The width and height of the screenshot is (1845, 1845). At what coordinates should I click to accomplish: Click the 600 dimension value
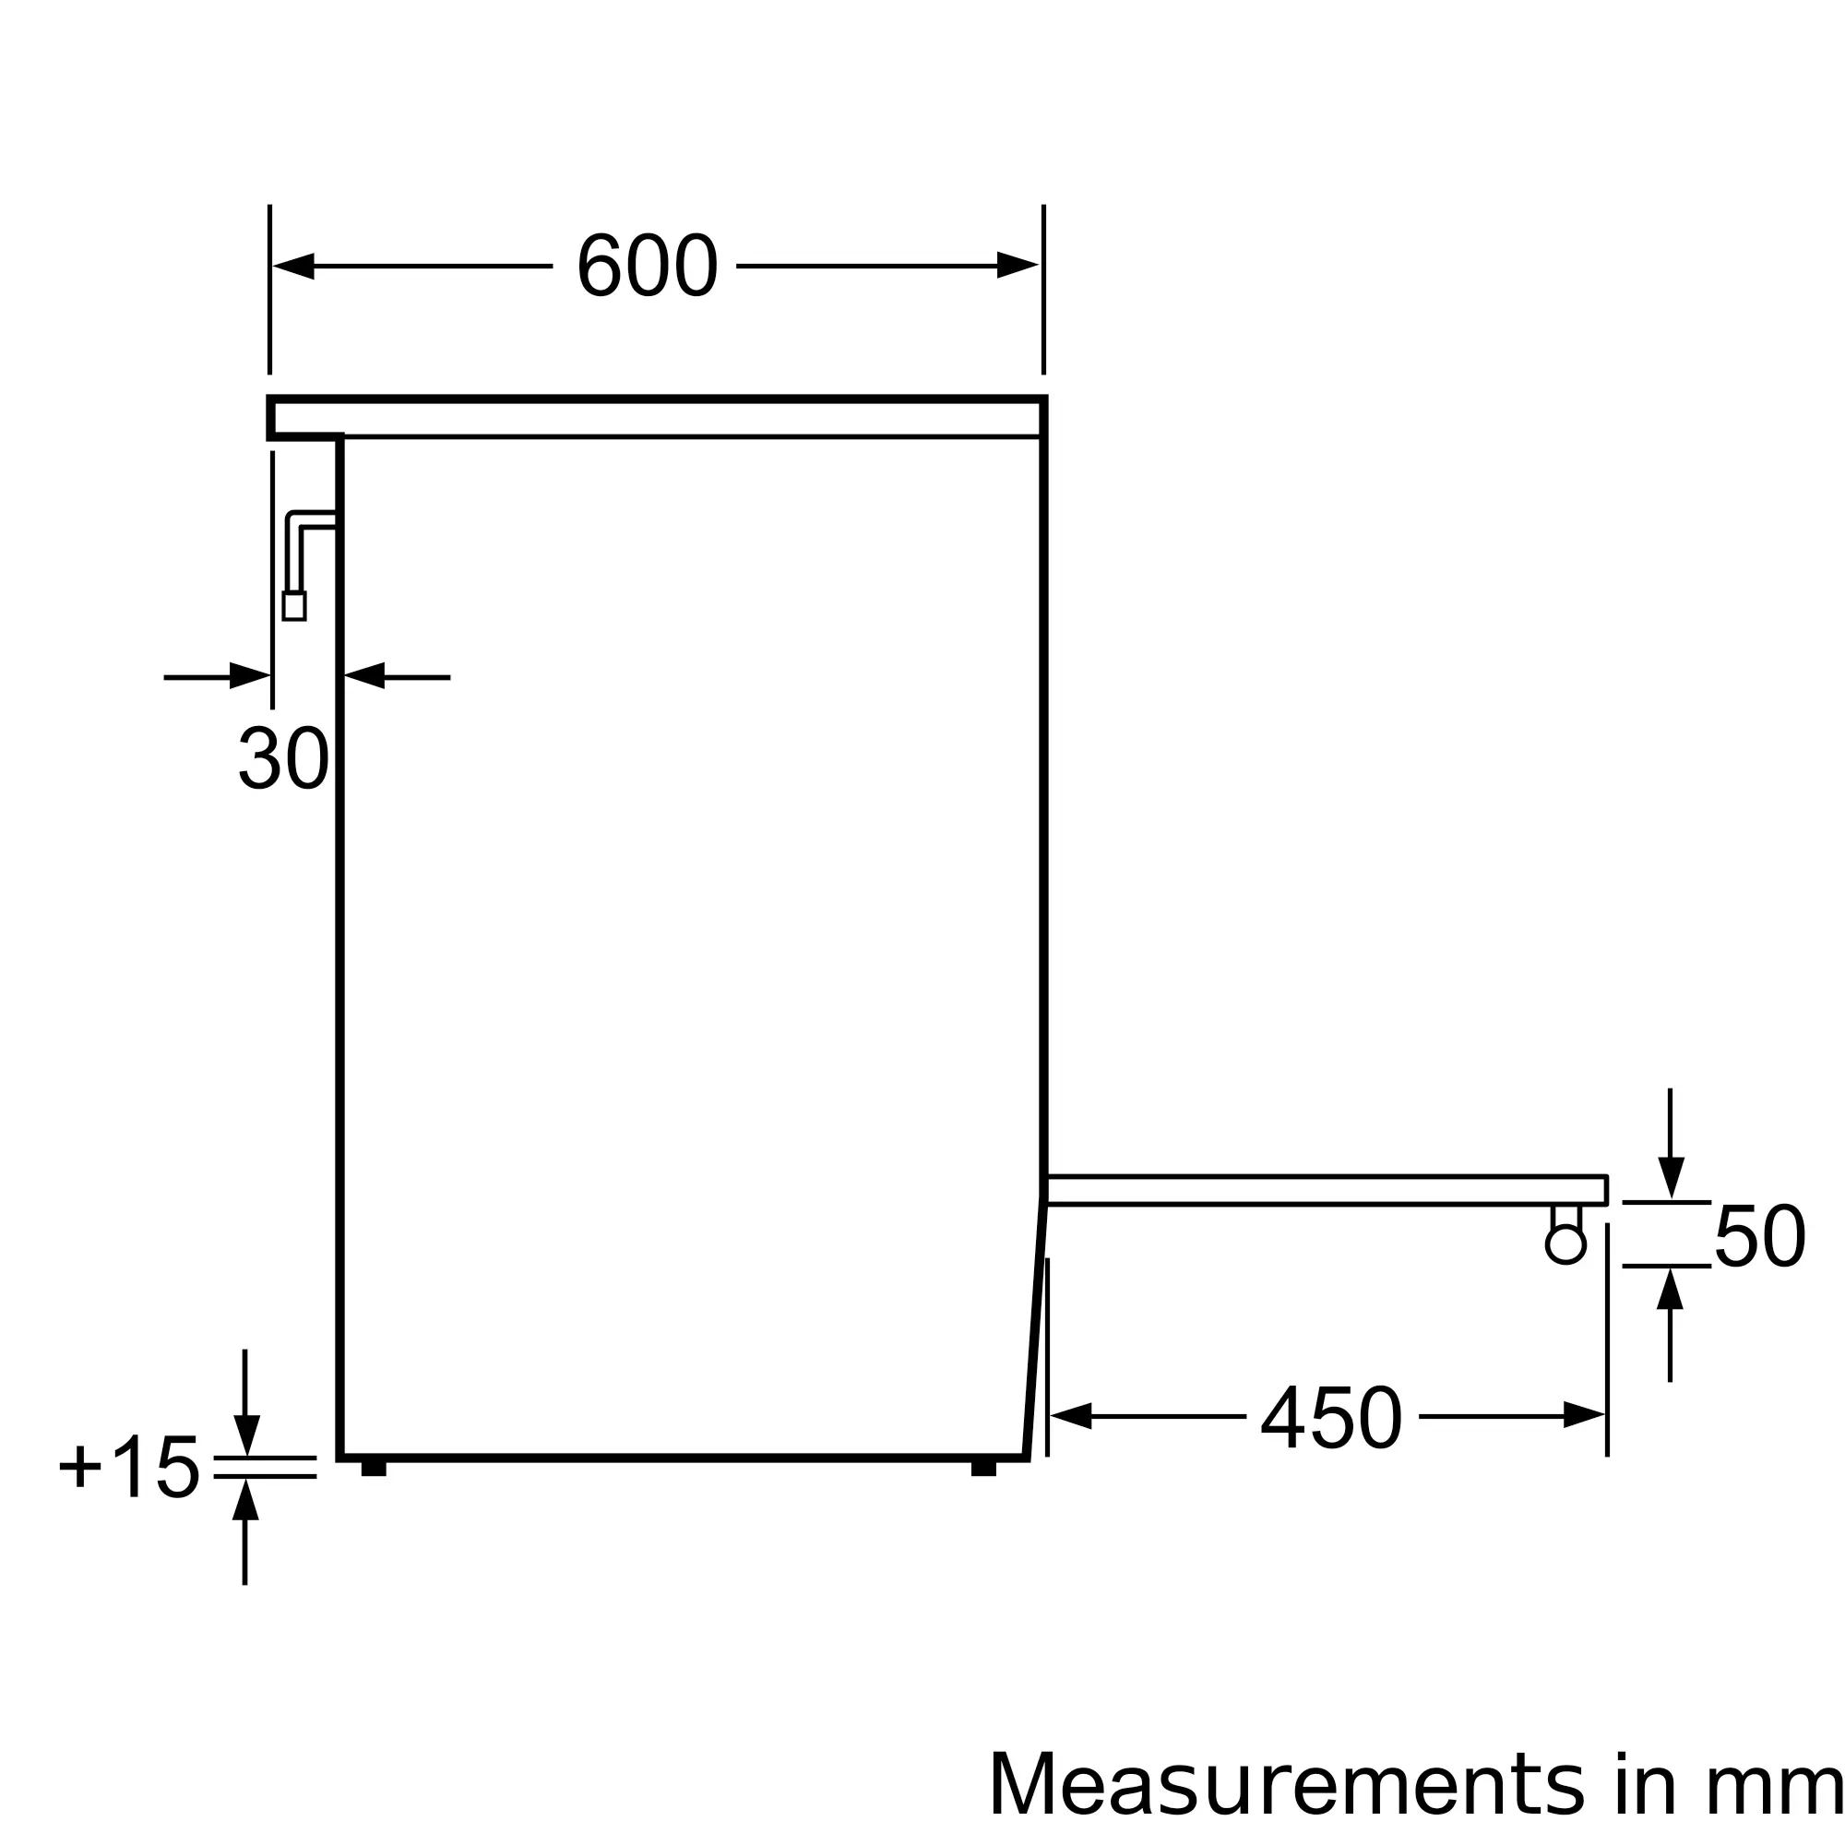[x=647, y=266]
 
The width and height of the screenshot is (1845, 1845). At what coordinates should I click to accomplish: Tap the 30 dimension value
[x=283, y=758]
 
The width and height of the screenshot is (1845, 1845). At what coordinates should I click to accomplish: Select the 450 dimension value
[x=1332, y=1416]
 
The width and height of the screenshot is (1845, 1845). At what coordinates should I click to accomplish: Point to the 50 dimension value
[x=1760, y=1236]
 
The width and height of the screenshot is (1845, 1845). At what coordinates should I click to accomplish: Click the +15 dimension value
[x=129, y=1465]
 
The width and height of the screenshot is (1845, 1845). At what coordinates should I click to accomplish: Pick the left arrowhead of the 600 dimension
[x=294, y=266]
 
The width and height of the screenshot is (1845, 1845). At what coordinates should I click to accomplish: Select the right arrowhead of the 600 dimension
[x=1018, y=266]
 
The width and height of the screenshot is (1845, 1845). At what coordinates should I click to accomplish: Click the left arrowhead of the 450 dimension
[x=1070, y=1415]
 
